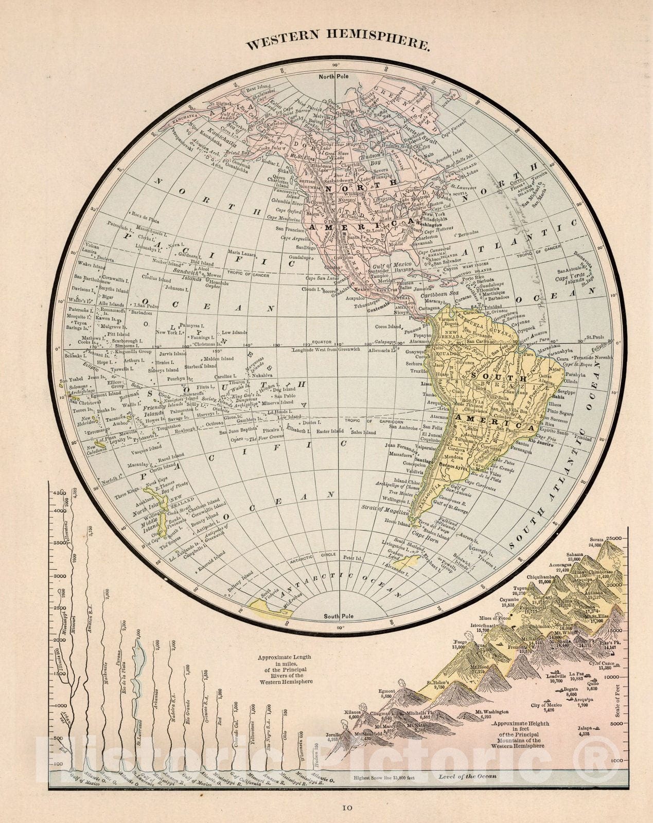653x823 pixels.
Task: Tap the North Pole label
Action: click(333, 77)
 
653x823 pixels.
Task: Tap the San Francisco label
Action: click(291, 228)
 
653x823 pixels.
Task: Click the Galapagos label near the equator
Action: click(385, 341)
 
